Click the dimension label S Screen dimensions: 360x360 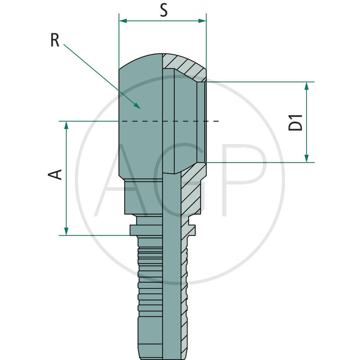coord(164,10)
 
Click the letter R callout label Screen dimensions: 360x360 coord(54,40)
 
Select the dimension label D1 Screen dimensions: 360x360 coord(296,122)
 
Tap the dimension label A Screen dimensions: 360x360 coord(55,175)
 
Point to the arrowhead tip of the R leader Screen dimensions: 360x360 coord(140,108)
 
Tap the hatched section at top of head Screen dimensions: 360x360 coord(184,65)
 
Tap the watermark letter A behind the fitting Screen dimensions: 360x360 coord(112,180)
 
